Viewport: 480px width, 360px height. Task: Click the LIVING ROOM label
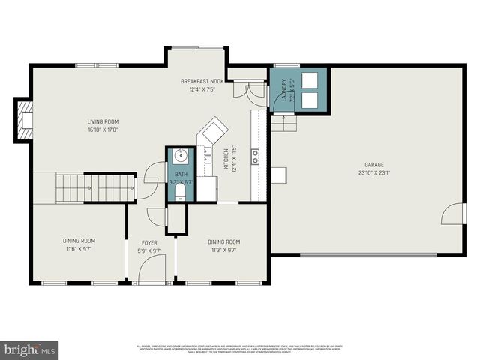tap(103, 121)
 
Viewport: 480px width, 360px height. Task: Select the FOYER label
tap(150, 241)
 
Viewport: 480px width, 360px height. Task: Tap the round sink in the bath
tap(180, 156)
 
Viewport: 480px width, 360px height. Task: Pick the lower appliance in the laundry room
tap(310, 99)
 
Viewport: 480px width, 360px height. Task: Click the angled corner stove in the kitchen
tap(212, 130)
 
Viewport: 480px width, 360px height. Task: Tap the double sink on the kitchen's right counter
tap(256, 156)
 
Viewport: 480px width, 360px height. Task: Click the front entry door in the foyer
tap(152, 283)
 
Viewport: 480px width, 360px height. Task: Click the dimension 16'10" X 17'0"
tap(103, 130)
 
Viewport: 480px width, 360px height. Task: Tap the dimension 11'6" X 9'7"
tap(79, 250)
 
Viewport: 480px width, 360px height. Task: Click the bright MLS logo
tap(30, 349)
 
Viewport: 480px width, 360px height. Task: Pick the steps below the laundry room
tap(284, 123)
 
